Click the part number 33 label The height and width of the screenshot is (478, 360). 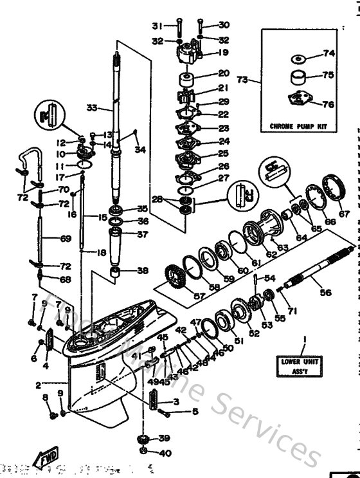pyautogui.click(x=91, y=108)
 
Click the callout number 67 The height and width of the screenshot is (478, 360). pyautogui.click(x=345, y=214)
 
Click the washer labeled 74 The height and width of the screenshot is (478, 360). pyautogui.click(x=297, y=59)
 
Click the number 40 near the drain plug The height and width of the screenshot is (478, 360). pyautogui.click(x=165, y=453)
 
